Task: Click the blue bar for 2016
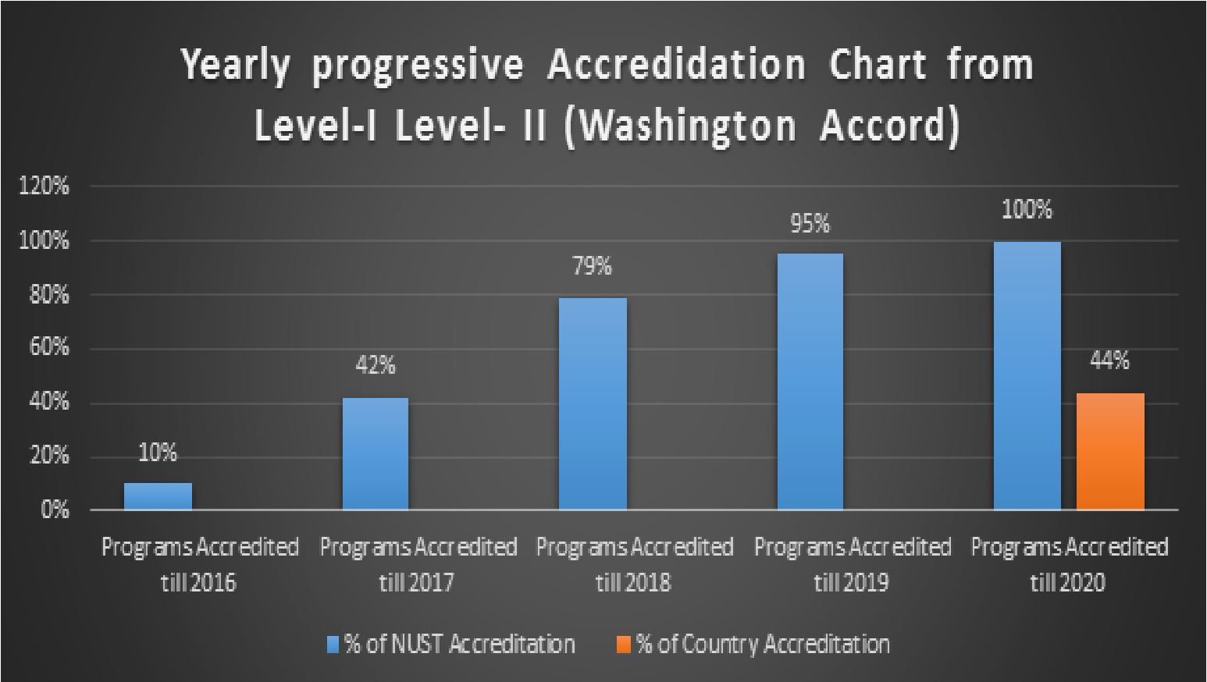tap(158, 496)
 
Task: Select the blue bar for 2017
tap(376, 453)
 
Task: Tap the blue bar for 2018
tap(593, 403)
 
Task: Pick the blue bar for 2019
tap(810, 382)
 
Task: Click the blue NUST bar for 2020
tap(1027, 375)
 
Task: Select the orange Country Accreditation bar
tap(1110, 451)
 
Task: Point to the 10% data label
tap(158, 453)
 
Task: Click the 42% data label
tap(376, 365)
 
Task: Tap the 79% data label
tap(593, 267)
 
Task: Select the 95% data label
tap(810, 224)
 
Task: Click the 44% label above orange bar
tap(1109, 361)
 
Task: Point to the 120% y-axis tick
tap(44, 186)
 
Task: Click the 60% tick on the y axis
tap(49, 347)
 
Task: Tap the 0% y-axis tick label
tap(55, 510)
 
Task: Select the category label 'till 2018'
tap(633, 582)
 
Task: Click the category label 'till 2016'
tap(198, 582)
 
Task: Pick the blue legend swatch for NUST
tap(333, 645)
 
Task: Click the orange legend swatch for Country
tap(623, 645)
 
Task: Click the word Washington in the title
tap(687, 126)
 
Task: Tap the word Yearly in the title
tap(235, 66)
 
